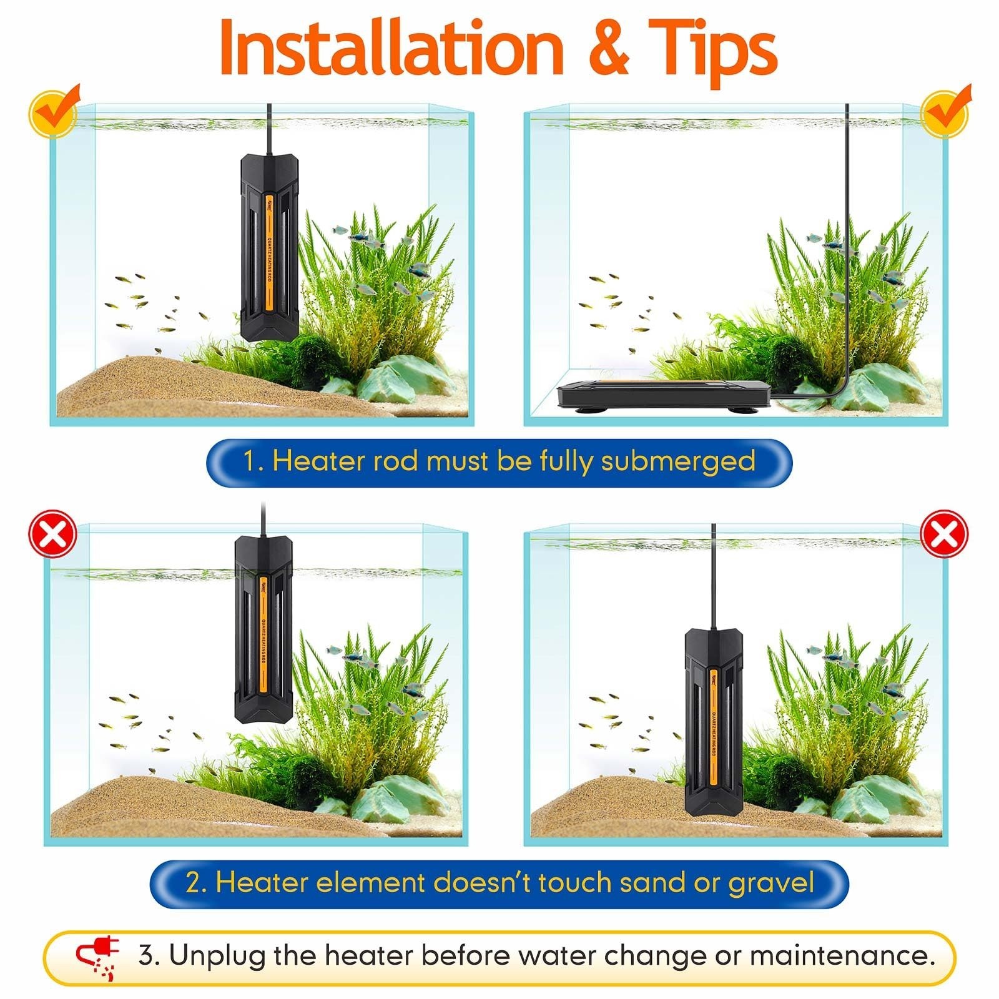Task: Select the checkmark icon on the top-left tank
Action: coord(55,110)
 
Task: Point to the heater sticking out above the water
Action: coord(263,627)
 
